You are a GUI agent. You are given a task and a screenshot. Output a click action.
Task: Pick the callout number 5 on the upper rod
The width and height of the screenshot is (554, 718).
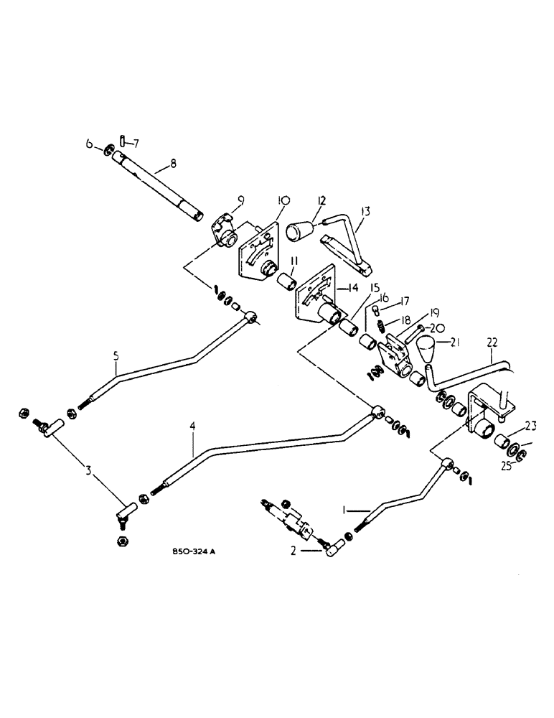tap(115, 354)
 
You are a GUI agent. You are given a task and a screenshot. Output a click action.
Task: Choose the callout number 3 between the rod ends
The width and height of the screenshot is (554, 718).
tap(88, 471)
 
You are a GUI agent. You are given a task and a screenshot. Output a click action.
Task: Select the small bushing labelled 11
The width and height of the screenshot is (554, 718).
tap(286, 276)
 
